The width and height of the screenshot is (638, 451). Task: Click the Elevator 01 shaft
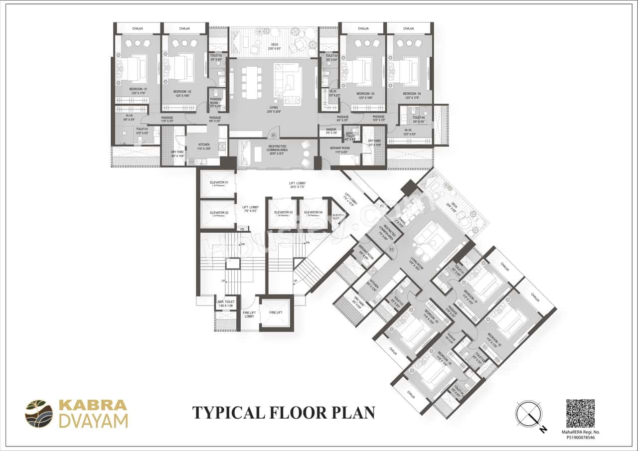pyautogui.click(x=217, y=184)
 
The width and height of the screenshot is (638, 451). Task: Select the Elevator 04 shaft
pyautogui.click(x=313, y=213)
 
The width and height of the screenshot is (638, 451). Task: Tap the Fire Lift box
pyautogui.click(x=276, y=312)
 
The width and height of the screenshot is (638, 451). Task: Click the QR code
pyautogui.click(x=580, y=413)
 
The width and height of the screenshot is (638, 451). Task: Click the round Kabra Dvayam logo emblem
pyautogui.click(x=39, y=414)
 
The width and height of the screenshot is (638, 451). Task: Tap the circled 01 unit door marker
pyautogui.click(x=273, y=135)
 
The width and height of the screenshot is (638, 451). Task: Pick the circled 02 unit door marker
pyautogui.click(x=392, y=248)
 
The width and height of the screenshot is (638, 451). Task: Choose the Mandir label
pyautogui.click(x=331, y=132)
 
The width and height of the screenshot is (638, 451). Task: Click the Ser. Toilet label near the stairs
pyautogui.click(x=226, y=303)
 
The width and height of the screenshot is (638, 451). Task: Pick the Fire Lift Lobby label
pyautogui.click(x=249, y=314)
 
